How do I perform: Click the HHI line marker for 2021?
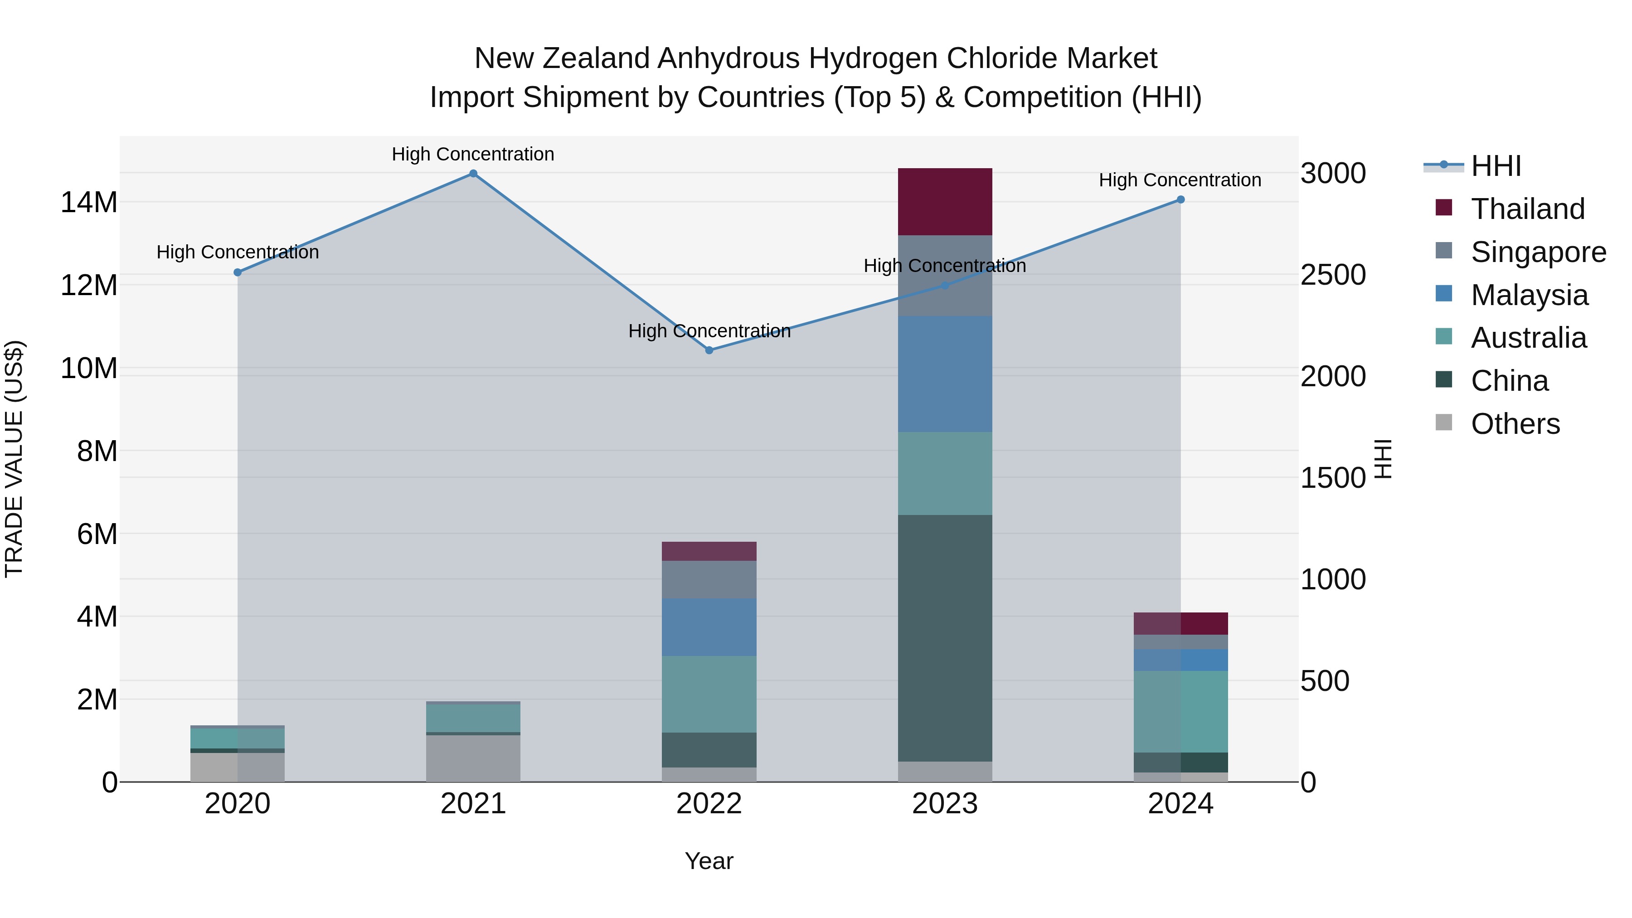[473, 174]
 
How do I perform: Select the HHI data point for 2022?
[709, 350]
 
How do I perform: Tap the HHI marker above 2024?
[1181, 199]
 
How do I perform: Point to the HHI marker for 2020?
[238, 272]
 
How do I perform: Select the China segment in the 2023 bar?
[945, 638]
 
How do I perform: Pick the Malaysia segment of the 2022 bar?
[709, 627]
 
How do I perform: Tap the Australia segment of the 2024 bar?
[1181, 711]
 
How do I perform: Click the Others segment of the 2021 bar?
[473, 758]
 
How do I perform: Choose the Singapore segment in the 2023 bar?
[945, 276]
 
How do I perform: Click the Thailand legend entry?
[1527, 209]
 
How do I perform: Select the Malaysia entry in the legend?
[1529, 295]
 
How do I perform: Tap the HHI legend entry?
[1495, 166]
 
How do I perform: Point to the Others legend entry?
[1515, 424]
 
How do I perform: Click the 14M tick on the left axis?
[89, 203]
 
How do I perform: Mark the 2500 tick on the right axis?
[1333, 275]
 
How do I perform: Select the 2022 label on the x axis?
[709, 804]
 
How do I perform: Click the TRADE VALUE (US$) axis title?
[14, 459]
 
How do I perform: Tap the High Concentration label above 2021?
[473, 154]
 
